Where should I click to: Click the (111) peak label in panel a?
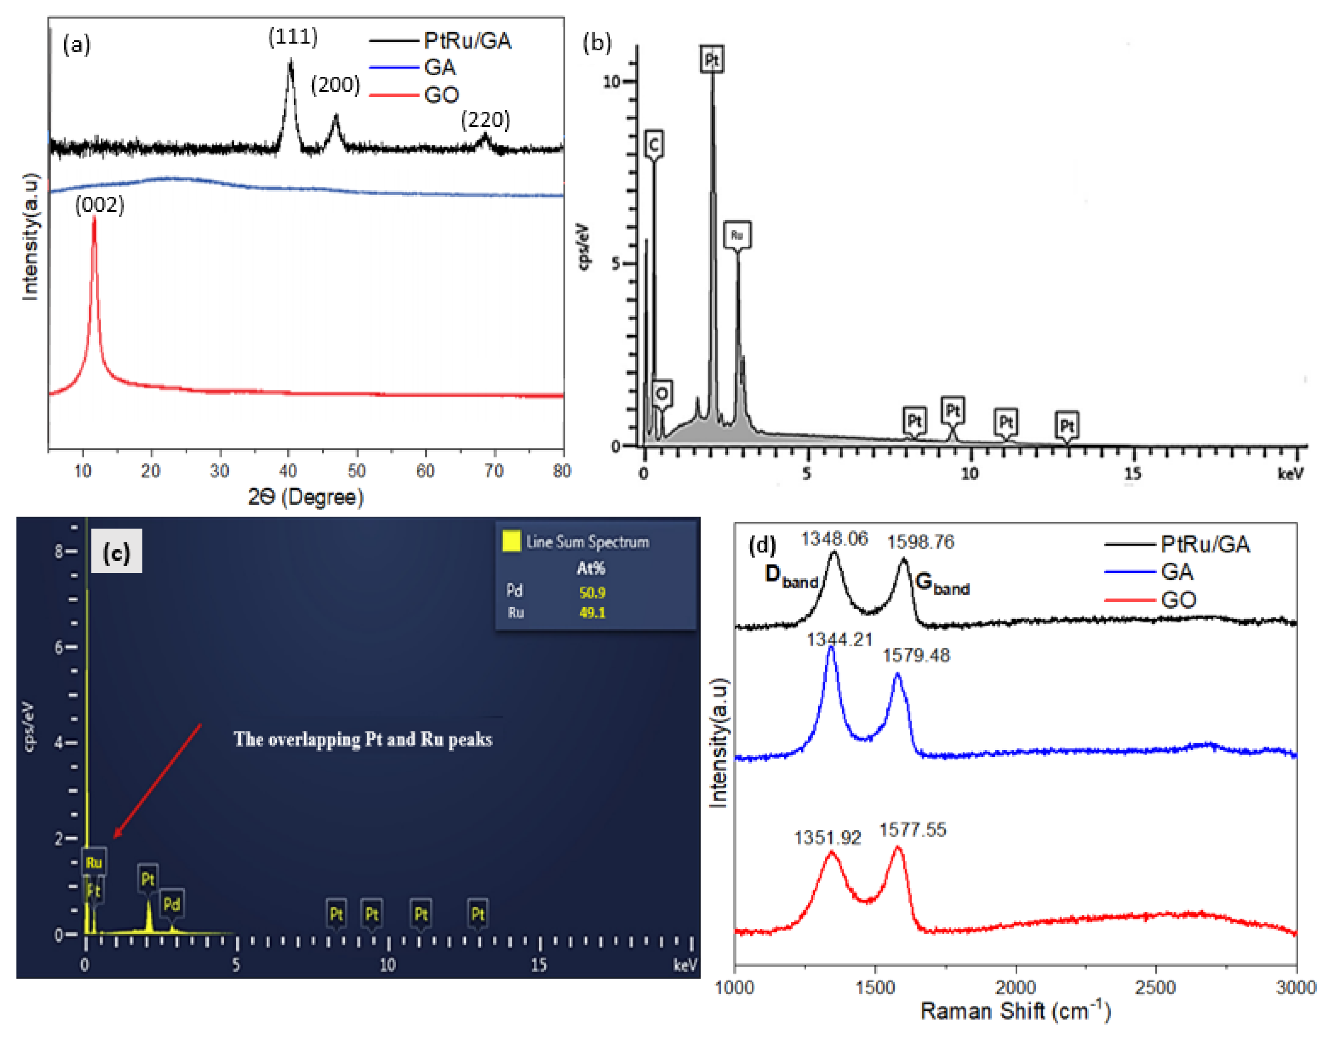coord(293,37)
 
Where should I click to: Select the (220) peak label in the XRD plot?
coord(485,120)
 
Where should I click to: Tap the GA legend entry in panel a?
coord(440,68)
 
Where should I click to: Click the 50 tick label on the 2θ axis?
coord(356,471)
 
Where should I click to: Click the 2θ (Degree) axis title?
coord(306,497)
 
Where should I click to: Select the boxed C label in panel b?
coord(654,145)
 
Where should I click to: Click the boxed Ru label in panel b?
coord(737,235)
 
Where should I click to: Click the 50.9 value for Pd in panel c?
coord(592,592)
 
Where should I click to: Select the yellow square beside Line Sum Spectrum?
coord(511,541)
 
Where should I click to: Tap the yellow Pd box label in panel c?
coord(171,904)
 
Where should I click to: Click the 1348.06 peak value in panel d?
coord(834,539)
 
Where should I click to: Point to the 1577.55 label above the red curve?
coord(913,830)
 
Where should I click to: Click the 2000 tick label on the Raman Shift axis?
coord(1015,987)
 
